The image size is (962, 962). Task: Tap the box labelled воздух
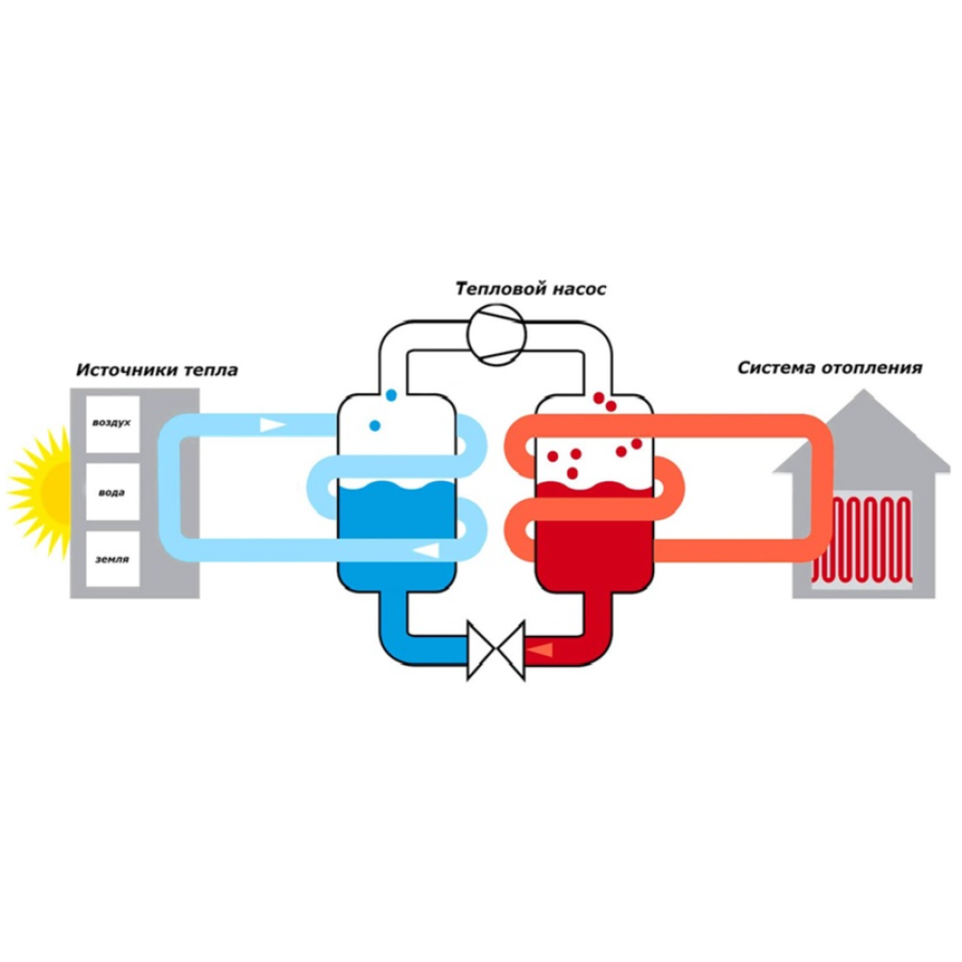coord(113,423)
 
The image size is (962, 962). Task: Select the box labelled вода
coord(113,492)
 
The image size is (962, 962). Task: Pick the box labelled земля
coord(113,559)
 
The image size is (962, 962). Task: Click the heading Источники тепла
coord(157,370)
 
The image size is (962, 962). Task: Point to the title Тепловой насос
coord(531,289)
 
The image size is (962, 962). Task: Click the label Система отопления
coord(829,367)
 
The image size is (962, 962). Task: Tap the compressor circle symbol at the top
coord(496,335)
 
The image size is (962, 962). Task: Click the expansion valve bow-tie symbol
coord(495,650)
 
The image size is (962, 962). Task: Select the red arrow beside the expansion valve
coord(541,649)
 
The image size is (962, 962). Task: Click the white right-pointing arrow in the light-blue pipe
coord(272,424)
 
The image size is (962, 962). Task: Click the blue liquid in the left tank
coord(397,534)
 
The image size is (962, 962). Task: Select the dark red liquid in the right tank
coord(594,534)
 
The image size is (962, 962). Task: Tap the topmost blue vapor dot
coord(391,395)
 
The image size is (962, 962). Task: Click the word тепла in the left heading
coord(211,370)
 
